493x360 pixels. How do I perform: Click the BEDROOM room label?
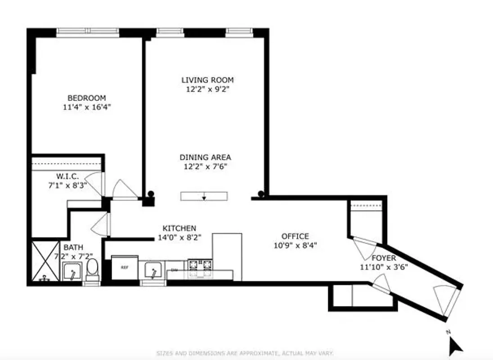[86, 98]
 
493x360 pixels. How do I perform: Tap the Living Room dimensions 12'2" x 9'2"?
[208, 89]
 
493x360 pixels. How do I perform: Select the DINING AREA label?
[205, 157]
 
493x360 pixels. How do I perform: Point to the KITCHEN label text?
[179, 229]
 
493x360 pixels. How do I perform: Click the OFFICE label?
[295, 236]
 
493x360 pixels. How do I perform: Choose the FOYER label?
[384, 258]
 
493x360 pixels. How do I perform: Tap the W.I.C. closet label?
[68, 176]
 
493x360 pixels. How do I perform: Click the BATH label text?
[72, 247]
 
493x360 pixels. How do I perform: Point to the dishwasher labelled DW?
[175, 270]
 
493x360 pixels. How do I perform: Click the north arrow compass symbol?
[456, 345]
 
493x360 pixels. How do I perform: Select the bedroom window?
[88, 32]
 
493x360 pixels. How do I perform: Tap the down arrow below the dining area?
[204, 197]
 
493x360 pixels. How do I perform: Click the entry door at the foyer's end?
[446, 301]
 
